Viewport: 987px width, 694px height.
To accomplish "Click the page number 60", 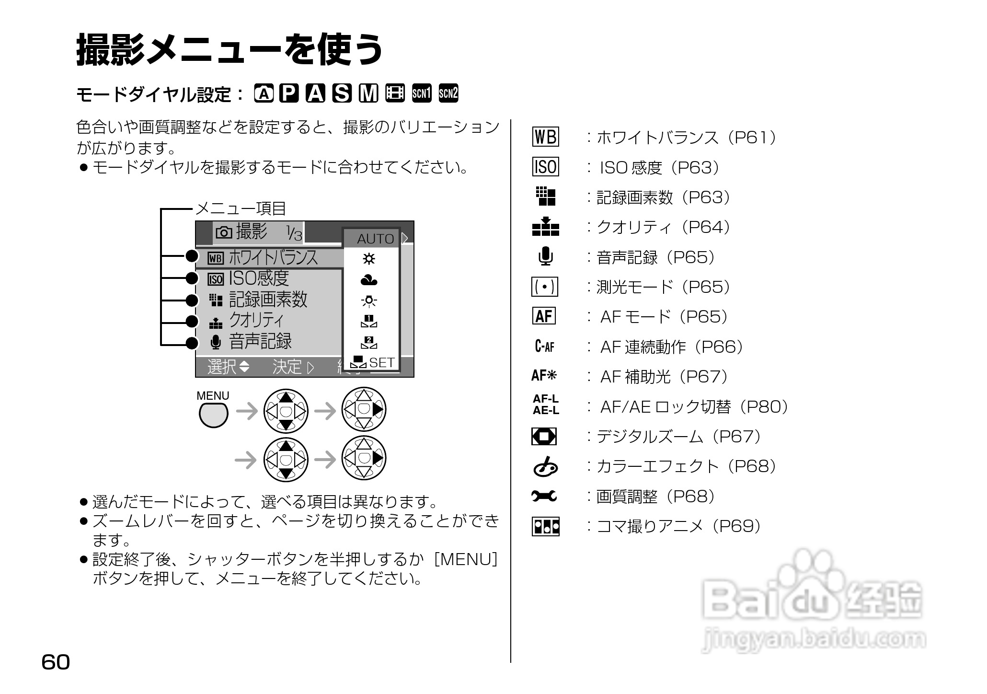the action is click(56, 662).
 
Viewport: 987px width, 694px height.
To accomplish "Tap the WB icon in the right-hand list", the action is click(545, 137).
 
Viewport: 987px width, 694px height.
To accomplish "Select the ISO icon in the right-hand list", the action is click(545, 167).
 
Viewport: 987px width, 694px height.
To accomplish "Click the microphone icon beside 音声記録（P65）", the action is click(545, 256).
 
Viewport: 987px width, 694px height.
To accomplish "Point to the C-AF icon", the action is click(544, 346).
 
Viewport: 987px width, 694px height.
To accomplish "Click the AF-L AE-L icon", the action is click(546, 405).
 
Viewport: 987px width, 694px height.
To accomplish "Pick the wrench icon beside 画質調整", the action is click(544, 496).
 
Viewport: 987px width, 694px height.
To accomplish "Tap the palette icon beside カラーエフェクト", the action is click(545, 466).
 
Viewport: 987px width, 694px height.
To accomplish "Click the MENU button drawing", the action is click(213, 415).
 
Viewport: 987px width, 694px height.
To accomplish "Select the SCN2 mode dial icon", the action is click(448, 93).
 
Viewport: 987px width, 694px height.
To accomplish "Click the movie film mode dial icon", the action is click(395, 93).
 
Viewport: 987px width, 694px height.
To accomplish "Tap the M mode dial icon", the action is click(368, 93).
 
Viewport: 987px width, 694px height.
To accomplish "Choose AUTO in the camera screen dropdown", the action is click(375, 238).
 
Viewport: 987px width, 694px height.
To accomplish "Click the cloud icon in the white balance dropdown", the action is click(369, 280).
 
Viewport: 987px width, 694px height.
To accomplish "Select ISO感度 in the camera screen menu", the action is click(259, 278).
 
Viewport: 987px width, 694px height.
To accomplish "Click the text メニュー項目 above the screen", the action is click(241, 208).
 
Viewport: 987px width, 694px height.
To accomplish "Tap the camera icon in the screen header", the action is click(224, 232).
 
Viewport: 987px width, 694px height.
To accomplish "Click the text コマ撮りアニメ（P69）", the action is click(678, 526).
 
